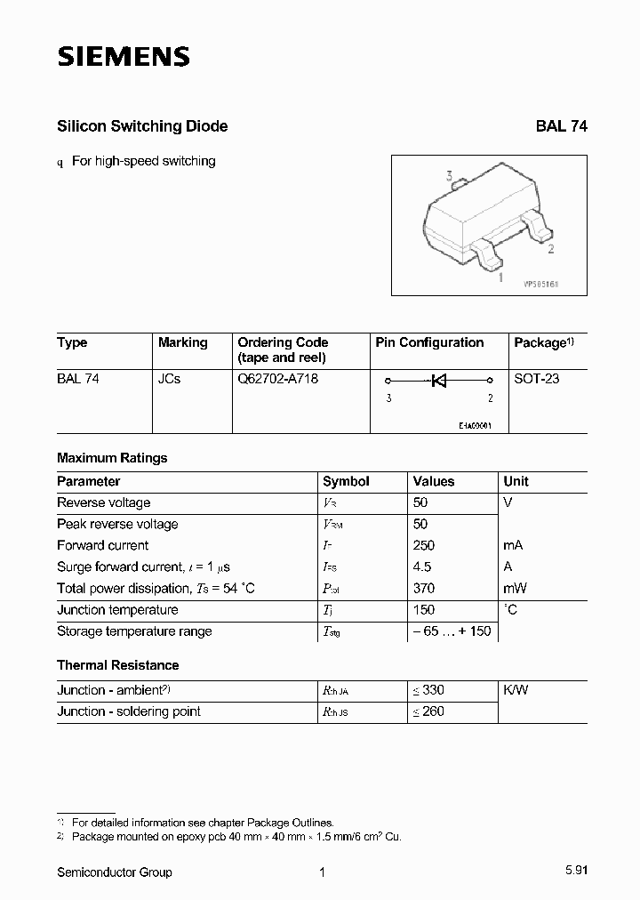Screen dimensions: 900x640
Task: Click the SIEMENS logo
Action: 124,58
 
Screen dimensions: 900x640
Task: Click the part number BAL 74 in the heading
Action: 561,126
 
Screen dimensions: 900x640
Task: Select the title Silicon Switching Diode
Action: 142,126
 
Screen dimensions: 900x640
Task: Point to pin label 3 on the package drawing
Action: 450,177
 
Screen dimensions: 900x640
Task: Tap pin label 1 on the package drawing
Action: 500,277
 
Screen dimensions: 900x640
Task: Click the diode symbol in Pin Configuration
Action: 437,382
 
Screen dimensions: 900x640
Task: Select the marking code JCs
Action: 169,378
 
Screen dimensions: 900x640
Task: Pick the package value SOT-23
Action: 537,378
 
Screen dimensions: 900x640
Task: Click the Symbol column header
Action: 346,481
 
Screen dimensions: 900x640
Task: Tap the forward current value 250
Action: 424,545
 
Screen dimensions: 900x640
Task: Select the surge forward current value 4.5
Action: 422,567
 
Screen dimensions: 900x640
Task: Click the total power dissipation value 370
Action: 424,588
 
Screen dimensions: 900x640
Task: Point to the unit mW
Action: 516,588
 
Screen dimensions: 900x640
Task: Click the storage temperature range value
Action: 450,631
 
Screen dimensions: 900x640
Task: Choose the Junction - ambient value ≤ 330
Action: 428,690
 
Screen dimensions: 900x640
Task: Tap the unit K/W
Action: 516,690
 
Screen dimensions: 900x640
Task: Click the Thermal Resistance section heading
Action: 118,665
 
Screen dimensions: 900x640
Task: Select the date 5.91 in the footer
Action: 574,872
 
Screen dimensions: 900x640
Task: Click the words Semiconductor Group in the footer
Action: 115,872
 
